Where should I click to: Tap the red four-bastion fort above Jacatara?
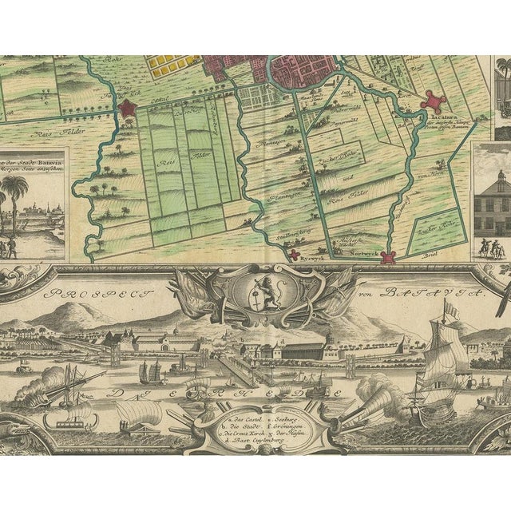click(434, 102)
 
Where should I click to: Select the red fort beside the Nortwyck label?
click(388, 257)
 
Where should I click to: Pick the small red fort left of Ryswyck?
click(295, 255)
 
